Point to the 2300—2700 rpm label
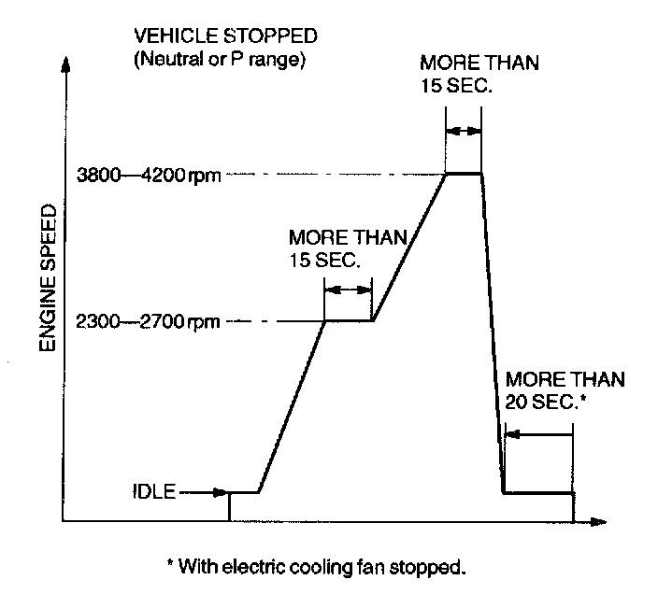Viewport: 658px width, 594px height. point(148,322)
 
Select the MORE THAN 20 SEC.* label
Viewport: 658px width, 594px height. point(564,390)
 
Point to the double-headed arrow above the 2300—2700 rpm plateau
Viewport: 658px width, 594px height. point(348,290)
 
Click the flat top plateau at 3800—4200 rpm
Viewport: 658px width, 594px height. point(464,173)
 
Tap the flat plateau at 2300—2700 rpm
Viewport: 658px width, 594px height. point(348,320)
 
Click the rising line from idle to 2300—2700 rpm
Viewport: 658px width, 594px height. point(292,406)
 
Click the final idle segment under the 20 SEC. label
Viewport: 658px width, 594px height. point(537,492)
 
